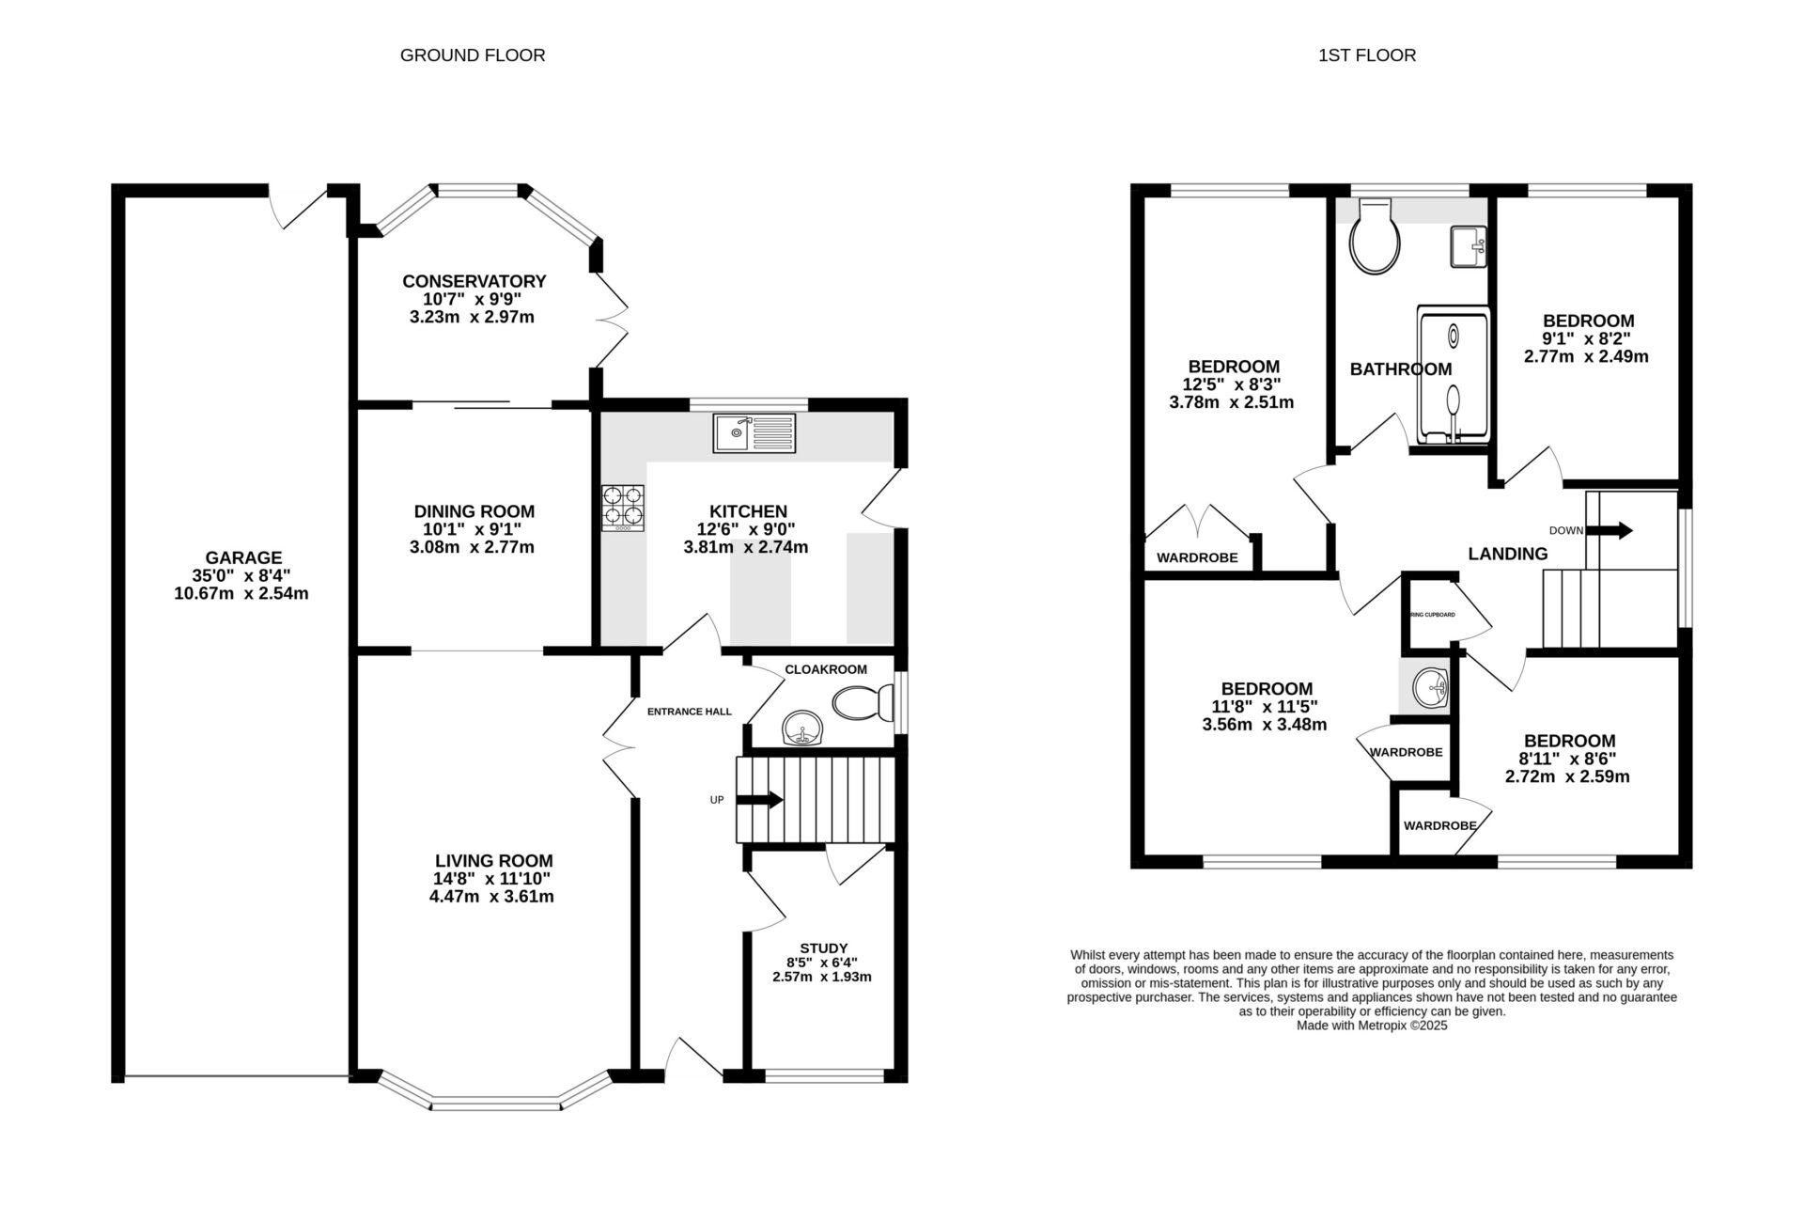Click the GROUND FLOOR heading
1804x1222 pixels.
point(473,55)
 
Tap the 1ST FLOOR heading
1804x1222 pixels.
point(1366,55)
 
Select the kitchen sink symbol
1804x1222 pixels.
point(754,433)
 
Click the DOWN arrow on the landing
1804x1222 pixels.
point(1614,530)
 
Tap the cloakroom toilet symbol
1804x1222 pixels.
point(863,701)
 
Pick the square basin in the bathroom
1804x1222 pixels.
point(1468,246)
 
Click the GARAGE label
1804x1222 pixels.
point(244,557)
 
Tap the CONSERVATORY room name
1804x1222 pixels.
point(474,281)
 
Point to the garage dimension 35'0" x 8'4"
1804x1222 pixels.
point(244,575)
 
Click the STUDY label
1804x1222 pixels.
point(823,948)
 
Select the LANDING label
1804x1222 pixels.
point(1507,554)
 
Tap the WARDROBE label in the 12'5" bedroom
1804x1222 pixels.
point(1196,557)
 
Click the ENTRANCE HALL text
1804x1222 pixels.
point(689,712)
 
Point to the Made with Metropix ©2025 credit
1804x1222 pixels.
point(1371,1026)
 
